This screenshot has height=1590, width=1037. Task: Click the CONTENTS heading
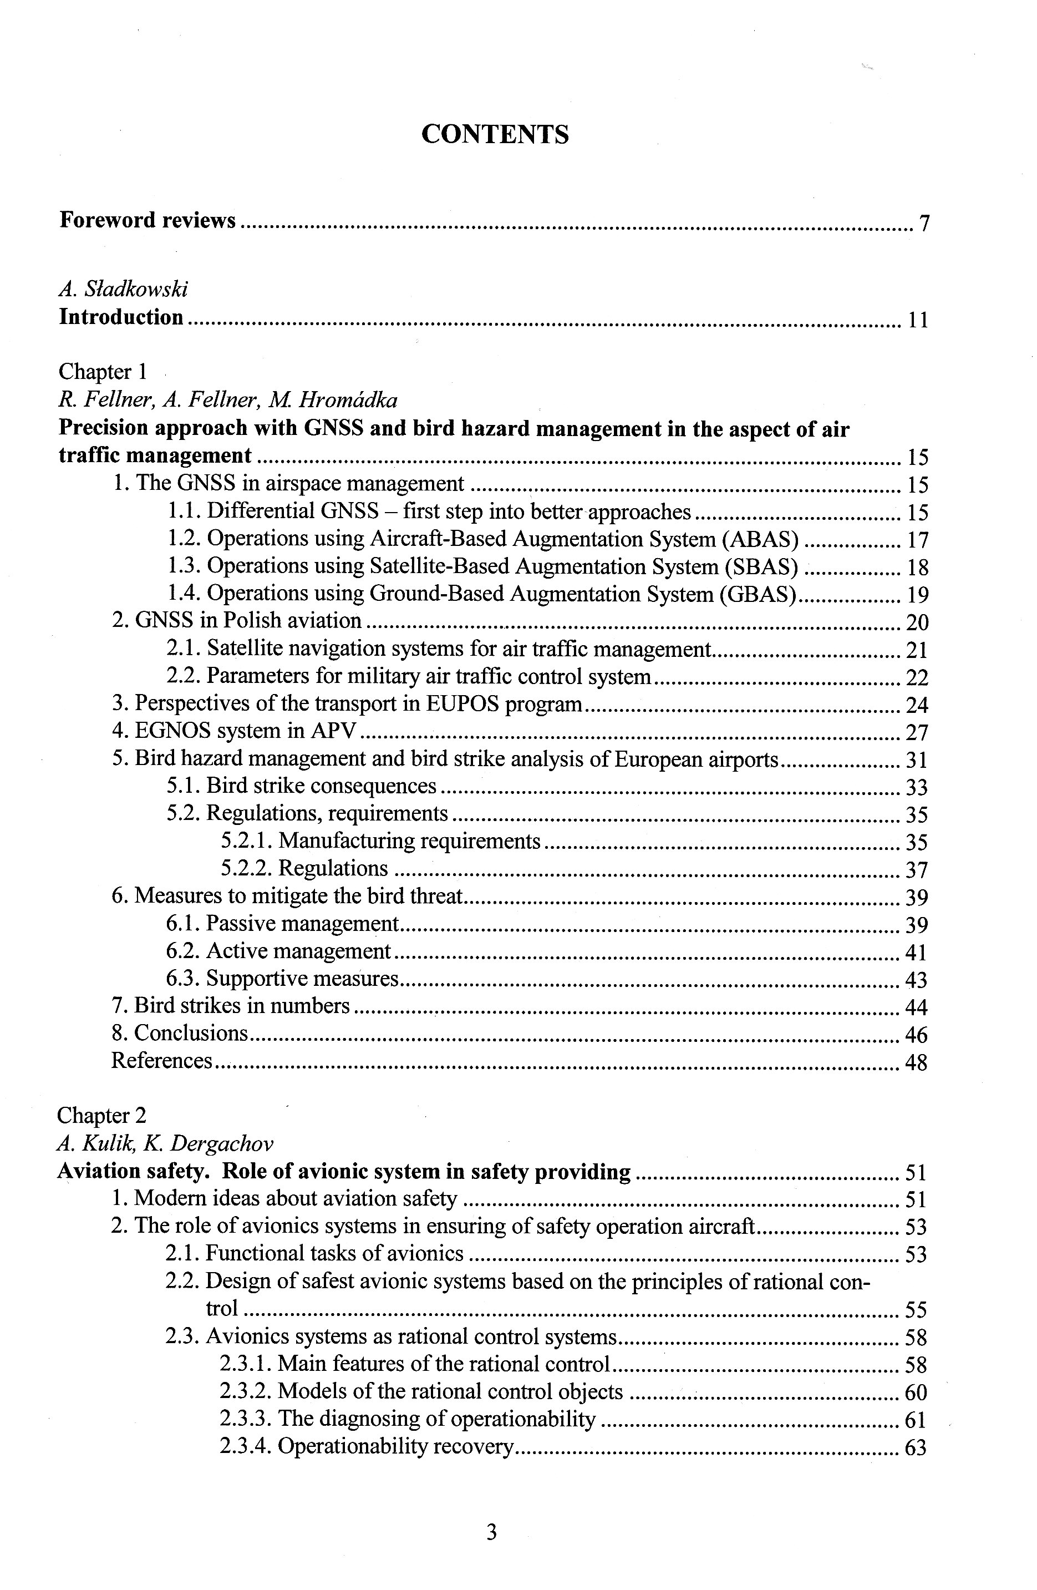(495, 134)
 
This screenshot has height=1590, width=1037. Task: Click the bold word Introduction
(121, 317)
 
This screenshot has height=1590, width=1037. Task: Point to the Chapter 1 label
(102, 372)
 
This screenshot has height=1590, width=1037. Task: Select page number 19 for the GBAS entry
(917, 595)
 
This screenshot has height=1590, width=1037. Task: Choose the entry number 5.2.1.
(246, 841)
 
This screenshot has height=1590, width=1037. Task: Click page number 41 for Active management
(916, 953)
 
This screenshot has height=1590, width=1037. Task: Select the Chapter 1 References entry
(161, 1061)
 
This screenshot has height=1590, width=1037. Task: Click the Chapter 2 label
(101, 1116)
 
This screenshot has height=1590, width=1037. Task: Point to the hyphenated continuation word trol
(222, 1308)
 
